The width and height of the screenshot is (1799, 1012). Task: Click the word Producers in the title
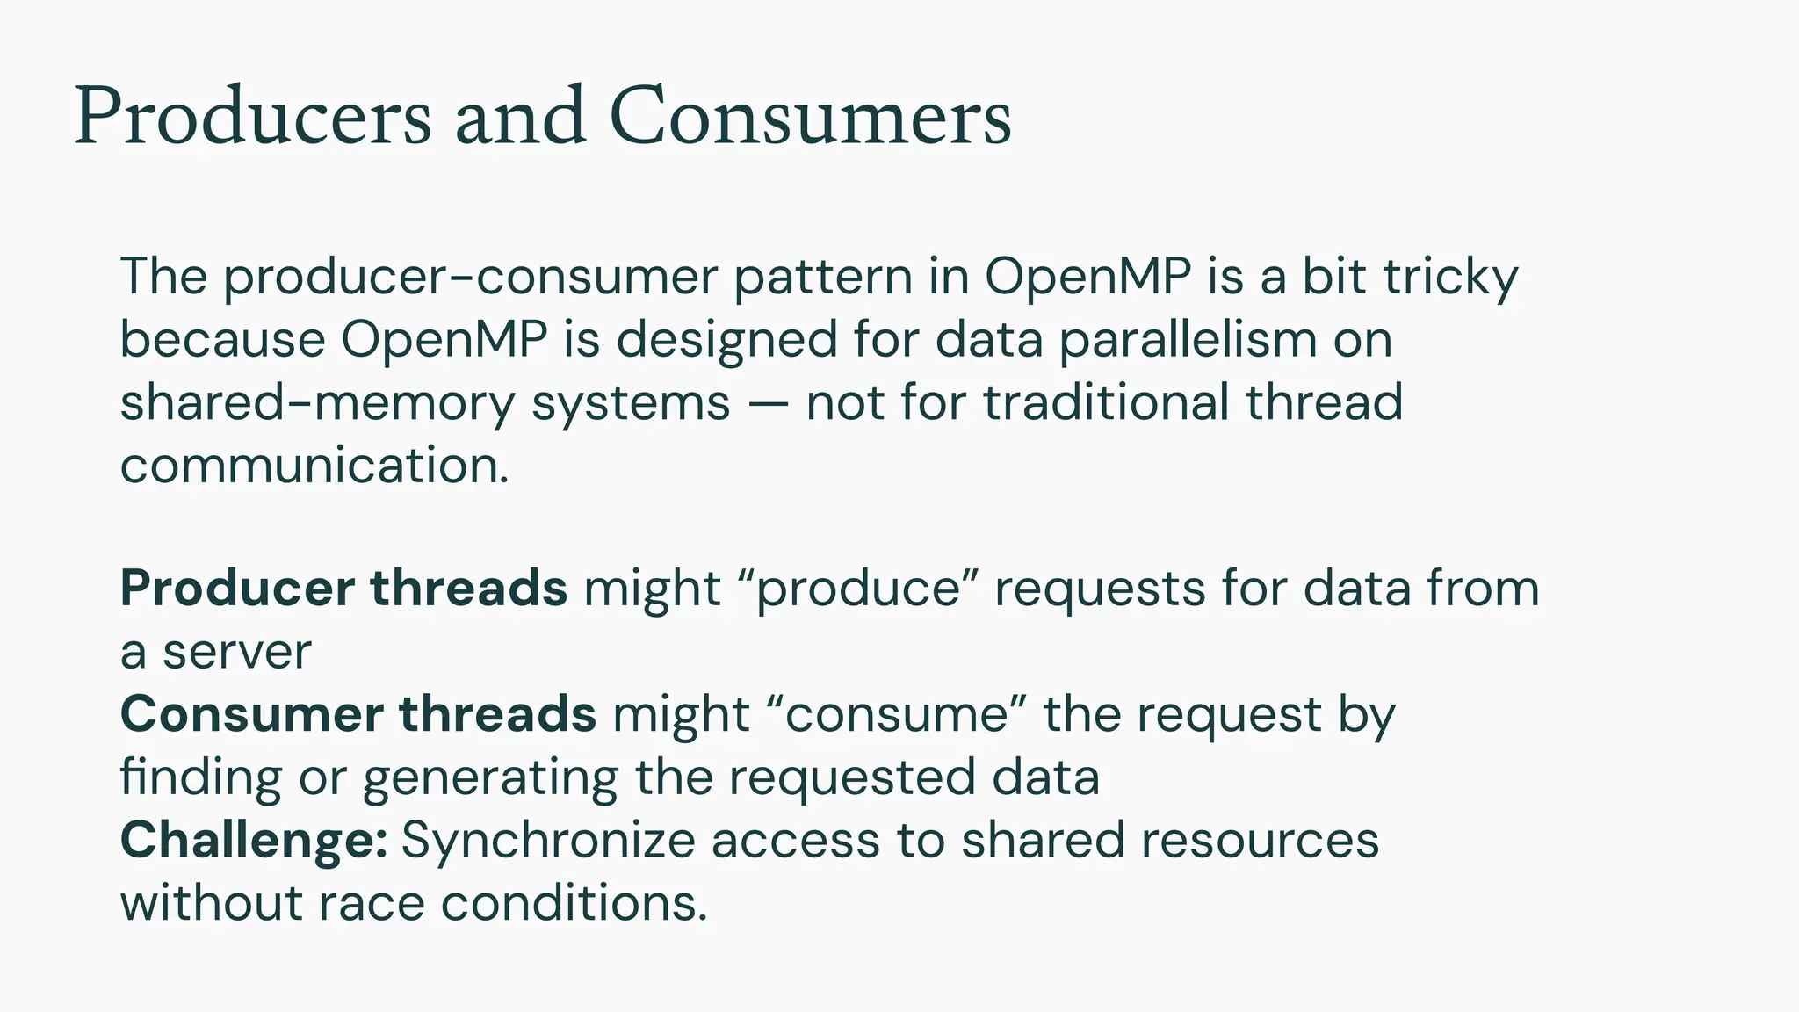point(253,117)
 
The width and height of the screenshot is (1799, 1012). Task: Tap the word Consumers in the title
point(810,117)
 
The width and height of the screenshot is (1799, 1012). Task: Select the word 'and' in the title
point(520,117)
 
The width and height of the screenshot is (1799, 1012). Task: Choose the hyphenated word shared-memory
point(317,403)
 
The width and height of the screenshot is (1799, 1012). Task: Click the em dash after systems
point(768,404)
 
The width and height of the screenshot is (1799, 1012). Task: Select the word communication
point(314,466)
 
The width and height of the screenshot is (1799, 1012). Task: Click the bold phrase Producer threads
point(343,589)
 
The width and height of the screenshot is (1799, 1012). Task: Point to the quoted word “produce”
point(858,589)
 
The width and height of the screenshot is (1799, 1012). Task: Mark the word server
point(237,653)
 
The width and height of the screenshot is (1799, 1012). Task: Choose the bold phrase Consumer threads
point(358,714)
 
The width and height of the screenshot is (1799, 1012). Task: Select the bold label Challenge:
point(254,841)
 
